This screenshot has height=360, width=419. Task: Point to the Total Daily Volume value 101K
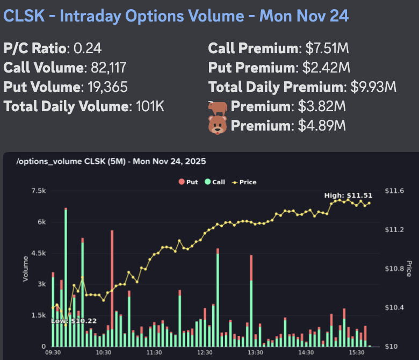pos(149,106)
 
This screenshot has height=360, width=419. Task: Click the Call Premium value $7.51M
pos(328,49)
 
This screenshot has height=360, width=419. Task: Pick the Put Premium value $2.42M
pos(323,68)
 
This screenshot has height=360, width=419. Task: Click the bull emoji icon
pos(218,106)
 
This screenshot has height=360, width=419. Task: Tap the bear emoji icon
pos(218,125)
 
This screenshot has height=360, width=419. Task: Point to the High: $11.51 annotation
pos(349,195)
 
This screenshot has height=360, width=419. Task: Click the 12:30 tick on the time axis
pos(205,352)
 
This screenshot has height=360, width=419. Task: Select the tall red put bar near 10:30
pos(112,279)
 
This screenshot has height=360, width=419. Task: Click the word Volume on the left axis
pos(25,269)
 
